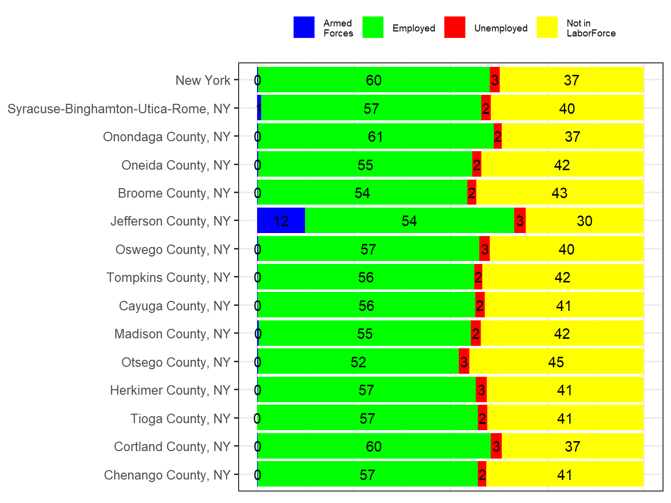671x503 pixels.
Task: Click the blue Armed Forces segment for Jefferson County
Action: pyautogui.click(x=281, y=221)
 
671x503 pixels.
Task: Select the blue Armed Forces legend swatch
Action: pyautogui.click(x=304, y=27)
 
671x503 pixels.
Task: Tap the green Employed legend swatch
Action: pyautogui.click(x=372, y=27)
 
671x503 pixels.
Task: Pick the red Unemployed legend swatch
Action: pyautogui.click(x=454, y=27)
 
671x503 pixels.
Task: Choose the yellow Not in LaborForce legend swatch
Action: pyautogui.click(x=547, y=27)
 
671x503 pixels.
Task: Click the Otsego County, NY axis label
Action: pyautogui.click(x=176, y=362)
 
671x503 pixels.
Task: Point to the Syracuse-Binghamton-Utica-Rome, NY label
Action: pyautogui.click(x=119, y=109)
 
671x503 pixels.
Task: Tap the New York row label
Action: pyautogui.click(x=203, y=80)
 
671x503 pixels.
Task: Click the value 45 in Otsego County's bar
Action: pyautogui.click(x=556, y=362)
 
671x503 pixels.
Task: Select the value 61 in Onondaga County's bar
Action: pyautogui.click(x=375, y=137)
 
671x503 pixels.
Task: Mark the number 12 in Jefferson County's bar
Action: pyautogui.click(x=281, y=221)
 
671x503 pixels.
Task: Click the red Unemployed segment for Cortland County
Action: pyautogui.click(x=496, y=446)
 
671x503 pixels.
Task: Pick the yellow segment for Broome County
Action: pyautogui.click(x=559, y=193)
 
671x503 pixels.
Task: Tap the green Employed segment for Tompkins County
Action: pyautogui.click(x=365, y=277)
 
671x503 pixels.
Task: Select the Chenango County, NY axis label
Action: pyautogui.click(x=167, y=475)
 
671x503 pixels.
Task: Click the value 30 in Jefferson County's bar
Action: pyautogui.click(x=584, y=221)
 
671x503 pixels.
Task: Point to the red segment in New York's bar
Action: pyautogui.click(x=494, y=80)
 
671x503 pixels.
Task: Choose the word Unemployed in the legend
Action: pyautogui.click(x=501, y=28)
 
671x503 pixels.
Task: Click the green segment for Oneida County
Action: pyautogui.click(x=364, y=165)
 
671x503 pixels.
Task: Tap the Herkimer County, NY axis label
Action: pyautogui.click(x=170, y=390)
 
